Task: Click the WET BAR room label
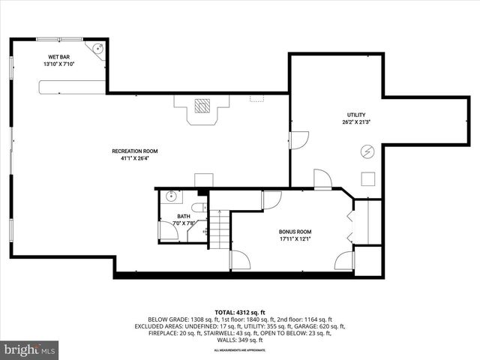click(58, 57)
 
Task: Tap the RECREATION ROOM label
click(135, 151)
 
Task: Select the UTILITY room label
click(357, 114)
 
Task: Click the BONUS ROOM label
click(295, 232)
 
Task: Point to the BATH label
click(184, 216)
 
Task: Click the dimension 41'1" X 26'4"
click(135, 159)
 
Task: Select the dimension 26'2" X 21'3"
click(357, 121)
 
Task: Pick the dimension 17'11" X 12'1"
click(295, 239)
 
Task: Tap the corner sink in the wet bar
click(97, 49)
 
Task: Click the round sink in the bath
click(171, 197)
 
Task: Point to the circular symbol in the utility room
click(367, 151)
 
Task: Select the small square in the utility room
click(368, 178)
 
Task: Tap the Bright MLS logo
click(30, 349)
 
